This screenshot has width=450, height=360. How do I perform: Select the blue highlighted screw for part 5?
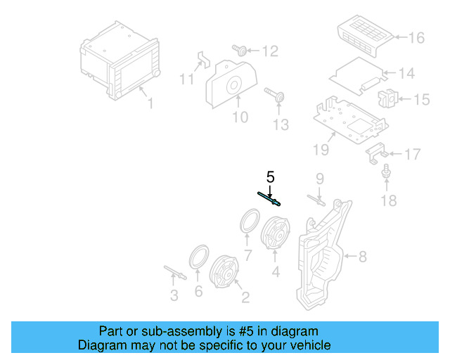(x=271, y=199)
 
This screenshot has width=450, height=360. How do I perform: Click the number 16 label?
(x=418, y=37)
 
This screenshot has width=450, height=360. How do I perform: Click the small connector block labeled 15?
(x=387, y=98)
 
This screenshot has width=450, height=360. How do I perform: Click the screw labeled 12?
(x=239, y=50)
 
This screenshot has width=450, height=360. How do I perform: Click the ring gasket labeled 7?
(x=248, y=221)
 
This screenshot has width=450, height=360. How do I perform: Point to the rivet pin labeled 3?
(x=173, y=271)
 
